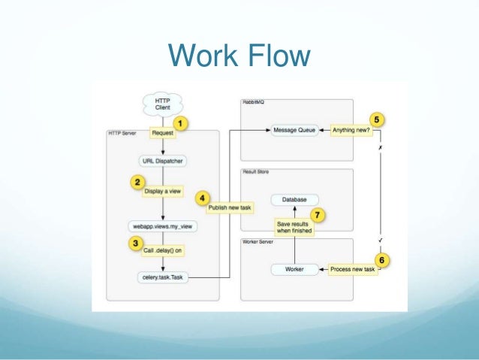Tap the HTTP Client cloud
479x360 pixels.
tap(162, 104)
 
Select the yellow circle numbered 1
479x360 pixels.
tap(180, 122)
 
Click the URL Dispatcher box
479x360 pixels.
tap(162, 161)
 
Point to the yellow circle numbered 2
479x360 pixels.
tap(137, 181)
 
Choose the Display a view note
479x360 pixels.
tap(162, 191)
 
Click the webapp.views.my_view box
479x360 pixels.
tap(162, 226)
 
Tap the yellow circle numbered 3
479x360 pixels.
tap(136, 243)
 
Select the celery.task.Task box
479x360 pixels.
tap(162, 277)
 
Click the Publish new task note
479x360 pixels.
tap(228, 207)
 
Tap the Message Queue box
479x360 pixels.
tap(294, 130)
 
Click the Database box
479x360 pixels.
tap(294, 199)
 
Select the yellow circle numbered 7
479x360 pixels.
tap(318, 215)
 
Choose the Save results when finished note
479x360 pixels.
tap(294, 228)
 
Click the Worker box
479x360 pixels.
tap(294, 268)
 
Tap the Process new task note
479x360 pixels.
tap(353, 268)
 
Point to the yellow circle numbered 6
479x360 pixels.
tap(382, 259)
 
